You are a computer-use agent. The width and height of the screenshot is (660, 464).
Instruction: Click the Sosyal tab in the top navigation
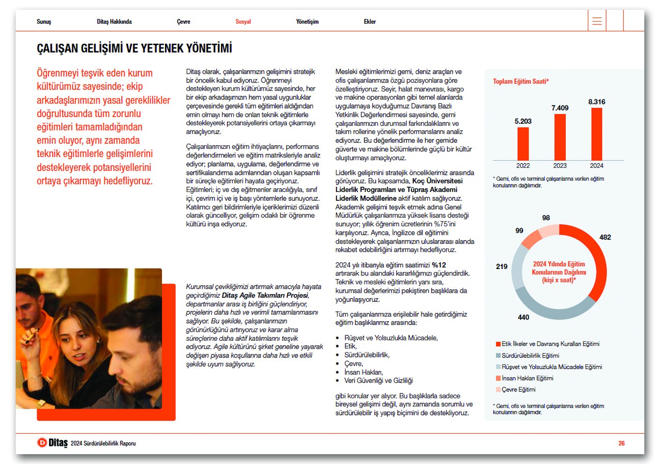[x=243, y=22]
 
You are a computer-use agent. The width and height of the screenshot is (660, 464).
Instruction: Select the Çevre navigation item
[x=184, y=22]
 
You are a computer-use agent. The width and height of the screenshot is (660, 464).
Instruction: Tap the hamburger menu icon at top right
[x=597, y=21]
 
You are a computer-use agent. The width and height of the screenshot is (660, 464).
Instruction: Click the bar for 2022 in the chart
[x=523, y=144]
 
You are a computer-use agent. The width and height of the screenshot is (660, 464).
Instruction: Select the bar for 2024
[x=597, y=134]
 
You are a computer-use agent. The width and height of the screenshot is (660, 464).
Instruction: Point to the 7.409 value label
[x=560, y=108]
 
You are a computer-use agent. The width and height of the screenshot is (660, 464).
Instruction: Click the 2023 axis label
[x=560, y=166]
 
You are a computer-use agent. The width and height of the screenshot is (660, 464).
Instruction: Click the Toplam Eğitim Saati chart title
[x=521, y=82]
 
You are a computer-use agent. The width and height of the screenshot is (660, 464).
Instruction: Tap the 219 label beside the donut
[x=501, y=267]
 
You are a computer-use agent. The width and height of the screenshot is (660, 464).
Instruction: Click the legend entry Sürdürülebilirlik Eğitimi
[x=530, y=355]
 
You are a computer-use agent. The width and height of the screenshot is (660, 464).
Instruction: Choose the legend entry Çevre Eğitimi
[x=518, y=389]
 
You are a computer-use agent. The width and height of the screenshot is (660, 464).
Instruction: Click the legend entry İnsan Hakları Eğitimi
[x=527, y=378]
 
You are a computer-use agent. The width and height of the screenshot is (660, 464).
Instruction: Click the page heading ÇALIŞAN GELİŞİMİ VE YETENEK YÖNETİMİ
[x=134, y=48]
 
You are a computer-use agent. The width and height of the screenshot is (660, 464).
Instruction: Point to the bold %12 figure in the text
[x=439, y=265]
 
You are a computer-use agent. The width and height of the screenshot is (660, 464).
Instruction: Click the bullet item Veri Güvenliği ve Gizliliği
[x=378, y=381]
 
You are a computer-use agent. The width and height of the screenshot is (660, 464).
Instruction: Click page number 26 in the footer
[x=621, y=443]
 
